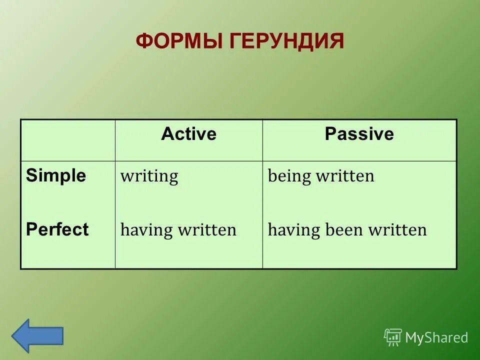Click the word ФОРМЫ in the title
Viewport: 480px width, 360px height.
180,41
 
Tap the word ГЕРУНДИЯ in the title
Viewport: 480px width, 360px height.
287,41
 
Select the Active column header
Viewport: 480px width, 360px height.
188,134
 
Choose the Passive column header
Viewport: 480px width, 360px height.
359,134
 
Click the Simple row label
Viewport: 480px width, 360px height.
56,176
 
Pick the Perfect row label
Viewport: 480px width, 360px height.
57,229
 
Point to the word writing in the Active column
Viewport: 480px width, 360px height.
149,176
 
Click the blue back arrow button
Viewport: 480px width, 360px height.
37,335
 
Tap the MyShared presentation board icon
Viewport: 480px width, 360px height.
393,337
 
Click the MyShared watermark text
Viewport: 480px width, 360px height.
436,338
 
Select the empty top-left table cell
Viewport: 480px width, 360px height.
67,140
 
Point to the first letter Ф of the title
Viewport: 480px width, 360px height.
144,41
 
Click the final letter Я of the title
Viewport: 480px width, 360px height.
336,41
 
